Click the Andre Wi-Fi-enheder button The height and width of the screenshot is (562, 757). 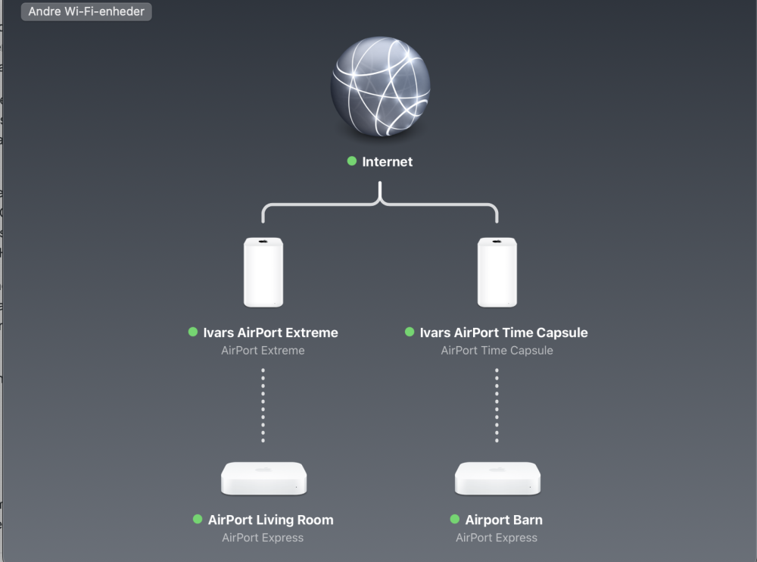86,11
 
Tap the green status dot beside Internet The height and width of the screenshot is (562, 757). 351,161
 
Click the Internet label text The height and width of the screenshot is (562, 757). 387,161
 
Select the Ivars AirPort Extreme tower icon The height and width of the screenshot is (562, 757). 263,272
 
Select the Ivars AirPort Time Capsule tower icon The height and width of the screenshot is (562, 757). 497,272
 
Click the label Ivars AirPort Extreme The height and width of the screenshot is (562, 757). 270,333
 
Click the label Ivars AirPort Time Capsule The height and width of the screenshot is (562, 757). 503,333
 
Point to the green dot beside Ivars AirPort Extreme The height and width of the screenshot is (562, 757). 193,332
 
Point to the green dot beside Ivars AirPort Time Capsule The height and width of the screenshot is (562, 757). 410,332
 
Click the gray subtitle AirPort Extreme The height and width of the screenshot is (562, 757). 263,351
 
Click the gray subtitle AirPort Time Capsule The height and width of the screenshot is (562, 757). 497,351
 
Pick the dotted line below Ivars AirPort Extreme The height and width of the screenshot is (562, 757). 263,405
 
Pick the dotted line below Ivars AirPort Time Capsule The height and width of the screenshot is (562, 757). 497,405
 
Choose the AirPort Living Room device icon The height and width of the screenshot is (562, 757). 263,479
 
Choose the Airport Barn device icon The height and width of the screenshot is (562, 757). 497,479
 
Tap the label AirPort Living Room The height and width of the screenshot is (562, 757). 270,520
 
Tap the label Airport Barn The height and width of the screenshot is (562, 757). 503,520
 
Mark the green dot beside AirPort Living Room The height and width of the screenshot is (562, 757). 198,519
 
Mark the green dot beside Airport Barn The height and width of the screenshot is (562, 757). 454,519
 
